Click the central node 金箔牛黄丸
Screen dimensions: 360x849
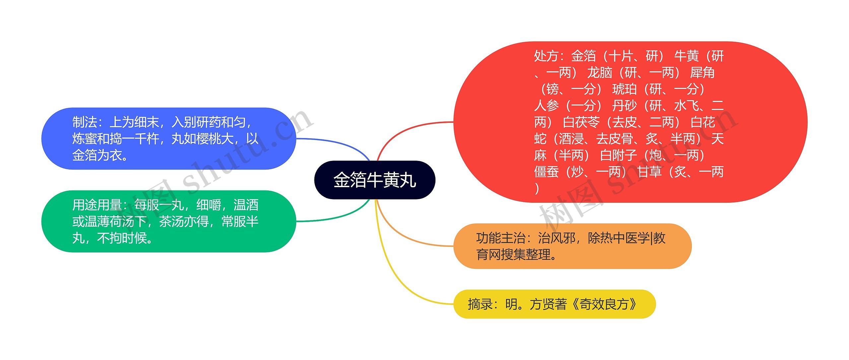[x=374, y=180]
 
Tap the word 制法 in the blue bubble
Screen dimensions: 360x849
[x=85, y=122]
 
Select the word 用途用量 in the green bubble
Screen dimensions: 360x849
[x=97, y=205]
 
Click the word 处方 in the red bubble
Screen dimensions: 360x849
[x=546, y=56]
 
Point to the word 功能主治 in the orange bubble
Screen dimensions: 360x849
[x=501, y=238]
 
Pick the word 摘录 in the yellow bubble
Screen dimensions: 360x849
[x=480, y=304]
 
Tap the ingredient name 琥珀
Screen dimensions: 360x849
[x=624, y=89]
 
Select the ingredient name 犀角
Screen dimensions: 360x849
[x=702, y=73]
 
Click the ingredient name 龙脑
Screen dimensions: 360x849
[x=600, y=73]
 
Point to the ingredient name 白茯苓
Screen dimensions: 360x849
[x=581, y=122]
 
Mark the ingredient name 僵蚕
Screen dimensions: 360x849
[x=546, y=172]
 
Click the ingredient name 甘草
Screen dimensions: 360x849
[x=649, y=172]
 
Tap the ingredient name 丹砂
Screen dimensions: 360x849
[x=624, y=106]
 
